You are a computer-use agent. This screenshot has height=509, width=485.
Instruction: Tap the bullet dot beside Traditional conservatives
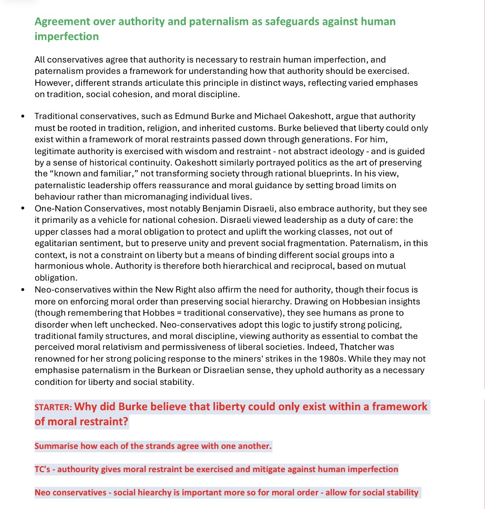pos(23,116)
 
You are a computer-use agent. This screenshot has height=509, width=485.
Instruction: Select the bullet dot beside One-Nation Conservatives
pos(23,209)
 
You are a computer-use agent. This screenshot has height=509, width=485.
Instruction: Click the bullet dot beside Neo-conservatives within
pos(23,290)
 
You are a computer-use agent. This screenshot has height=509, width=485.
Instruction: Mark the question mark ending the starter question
pos(125,421)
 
